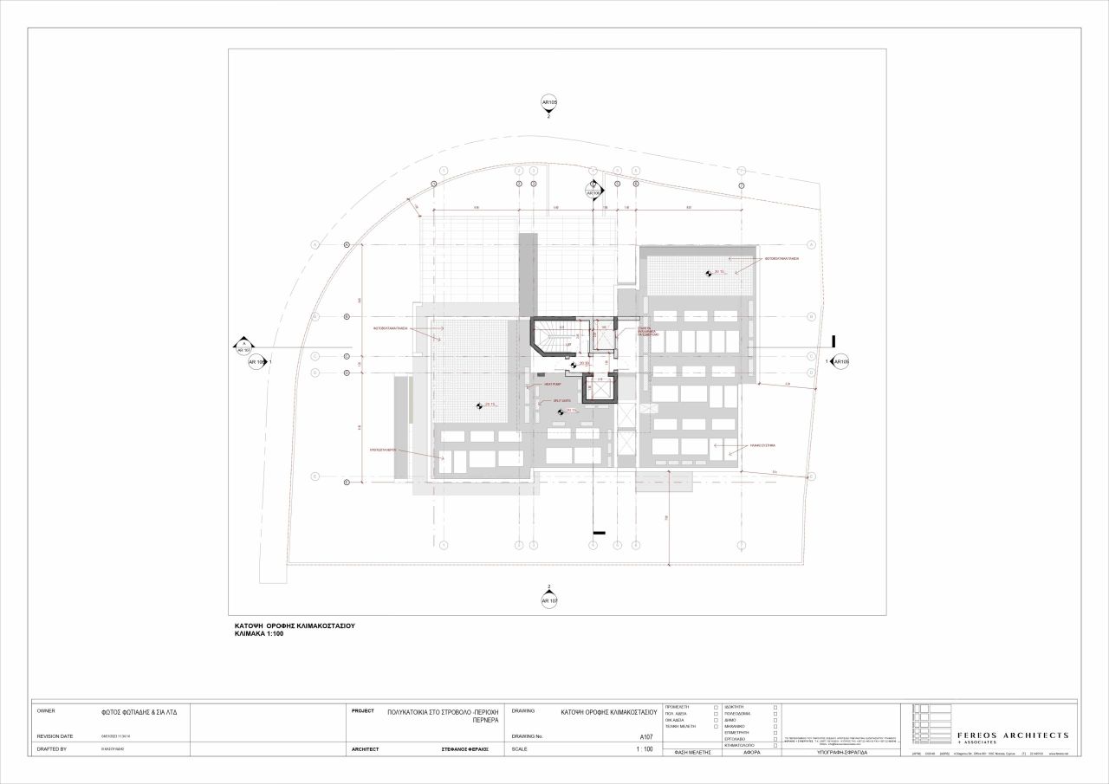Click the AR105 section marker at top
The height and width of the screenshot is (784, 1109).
[549, 102]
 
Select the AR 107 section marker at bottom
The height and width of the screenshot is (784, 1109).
[549, 599]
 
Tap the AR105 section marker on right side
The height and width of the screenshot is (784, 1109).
[840, 361]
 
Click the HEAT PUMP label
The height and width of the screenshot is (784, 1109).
[553, 384]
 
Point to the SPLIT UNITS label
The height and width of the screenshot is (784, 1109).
[561, 400]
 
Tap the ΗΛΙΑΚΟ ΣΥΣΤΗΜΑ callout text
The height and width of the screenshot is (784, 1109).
[763, 444]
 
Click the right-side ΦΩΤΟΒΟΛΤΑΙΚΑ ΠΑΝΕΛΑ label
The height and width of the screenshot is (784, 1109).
[781, 258]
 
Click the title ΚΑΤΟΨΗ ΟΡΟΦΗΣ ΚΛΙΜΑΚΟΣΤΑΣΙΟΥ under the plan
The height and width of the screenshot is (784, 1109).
[295, 625]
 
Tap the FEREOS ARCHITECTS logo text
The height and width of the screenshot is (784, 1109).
[1012, 735]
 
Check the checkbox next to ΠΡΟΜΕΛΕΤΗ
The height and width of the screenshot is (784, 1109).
[716, 707]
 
